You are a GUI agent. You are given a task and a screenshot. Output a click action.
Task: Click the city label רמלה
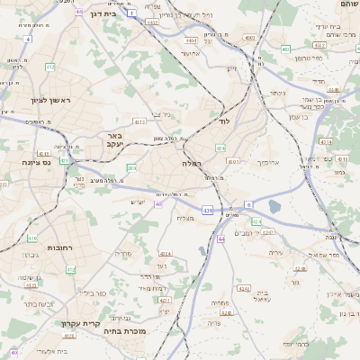(193, 163)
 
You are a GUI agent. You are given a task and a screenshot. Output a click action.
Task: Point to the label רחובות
(34, 247)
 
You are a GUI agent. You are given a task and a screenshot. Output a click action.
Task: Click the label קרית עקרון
(79, 324)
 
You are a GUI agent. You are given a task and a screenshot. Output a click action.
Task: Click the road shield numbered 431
(207, 210)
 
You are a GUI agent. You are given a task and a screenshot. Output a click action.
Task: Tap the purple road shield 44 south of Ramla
(221, 238)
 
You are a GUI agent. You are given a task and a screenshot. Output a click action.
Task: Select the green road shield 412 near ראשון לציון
(49, 67)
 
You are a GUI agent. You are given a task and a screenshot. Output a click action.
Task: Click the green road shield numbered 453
(285, 49)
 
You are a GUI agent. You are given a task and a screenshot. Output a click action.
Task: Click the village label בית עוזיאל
(263, 296)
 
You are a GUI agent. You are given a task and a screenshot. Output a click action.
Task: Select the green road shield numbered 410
(31, 238)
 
